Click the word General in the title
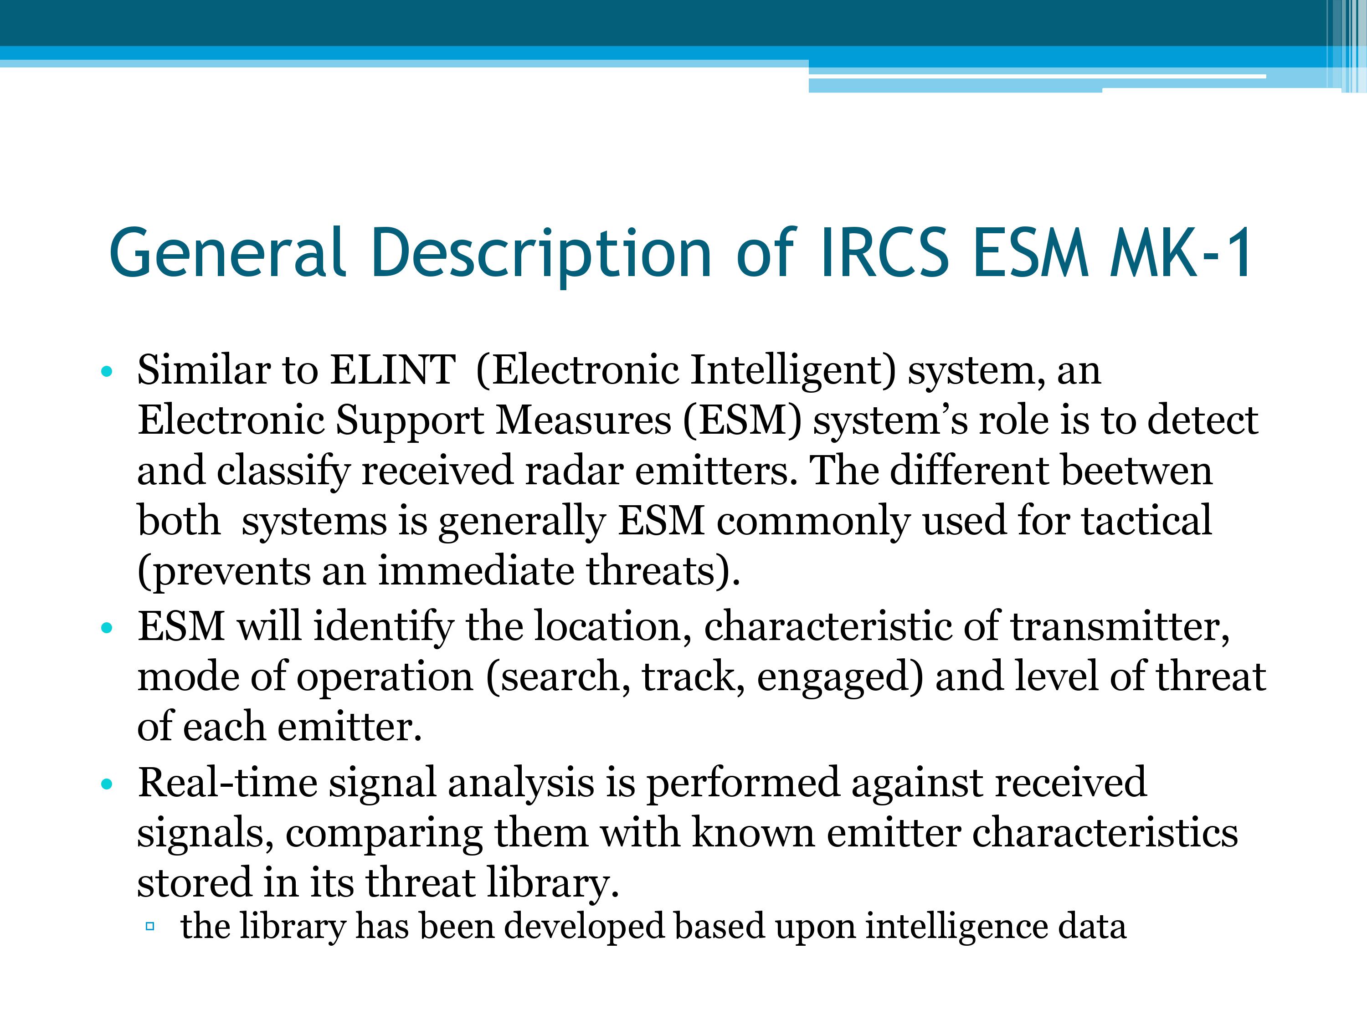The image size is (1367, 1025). [x=226, y=251]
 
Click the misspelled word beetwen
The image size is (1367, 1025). [x=1136, y=470]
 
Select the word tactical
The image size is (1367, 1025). [x=1146, y=520]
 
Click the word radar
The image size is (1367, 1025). [x=574, y=470]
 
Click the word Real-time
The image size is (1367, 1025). [x=227, y=783]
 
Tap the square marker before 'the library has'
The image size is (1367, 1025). [x=149, y=926]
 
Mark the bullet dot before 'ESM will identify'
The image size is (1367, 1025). [x=107, y=628]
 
